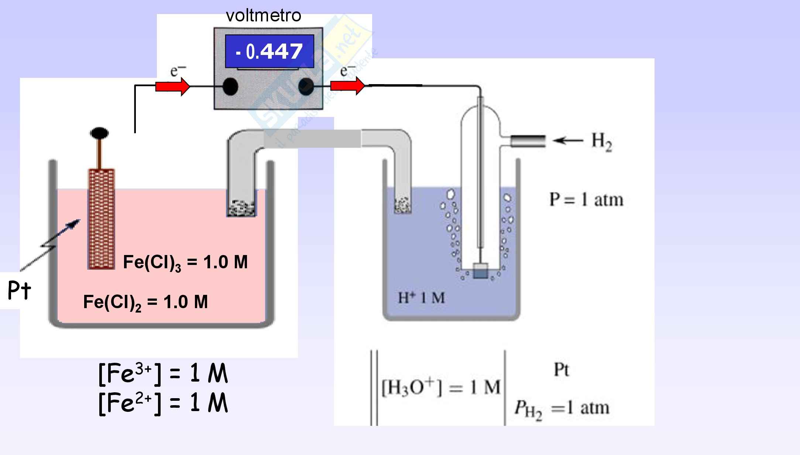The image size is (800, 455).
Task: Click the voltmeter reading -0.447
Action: tap(269, 51)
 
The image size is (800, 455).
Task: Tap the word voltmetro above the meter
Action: tap(263, 15)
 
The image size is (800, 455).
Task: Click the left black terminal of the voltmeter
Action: tap(230, 87)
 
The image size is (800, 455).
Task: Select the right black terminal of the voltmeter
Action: tap(306, 87)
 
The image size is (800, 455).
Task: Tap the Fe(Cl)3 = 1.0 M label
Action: tap(185, 262)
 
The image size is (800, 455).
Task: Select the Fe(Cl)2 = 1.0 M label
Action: tap(145, 302)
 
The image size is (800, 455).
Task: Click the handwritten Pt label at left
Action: tap(19, 291)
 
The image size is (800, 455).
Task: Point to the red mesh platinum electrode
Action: tap(101, 219)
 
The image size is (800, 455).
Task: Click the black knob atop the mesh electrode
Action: tap(99, 133)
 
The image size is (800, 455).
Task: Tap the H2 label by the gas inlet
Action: tap(602, 141)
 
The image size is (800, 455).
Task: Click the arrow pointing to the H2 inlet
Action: tap(568, 140)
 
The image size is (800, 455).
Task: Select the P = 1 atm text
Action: tap(586, 200)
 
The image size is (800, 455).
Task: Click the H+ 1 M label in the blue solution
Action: tap(421, 297)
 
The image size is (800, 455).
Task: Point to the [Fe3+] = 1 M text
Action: tap(163, 374)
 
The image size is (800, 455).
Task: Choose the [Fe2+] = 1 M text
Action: tap(163, 403)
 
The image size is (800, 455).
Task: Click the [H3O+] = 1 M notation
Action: tap(441, 387)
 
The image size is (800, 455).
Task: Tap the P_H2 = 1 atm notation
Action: tap(562, 409)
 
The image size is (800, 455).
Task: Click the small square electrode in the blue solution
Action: tap(480, 270)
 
